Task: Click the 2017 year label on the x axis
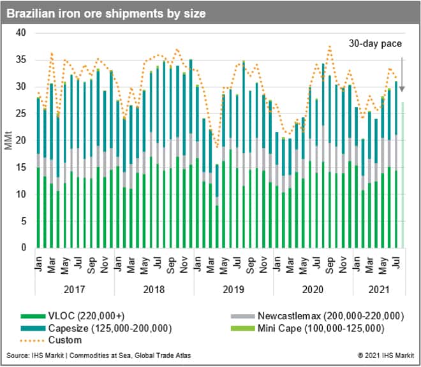coord(75,289)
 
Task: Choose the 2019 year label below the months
coord(233,289)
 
